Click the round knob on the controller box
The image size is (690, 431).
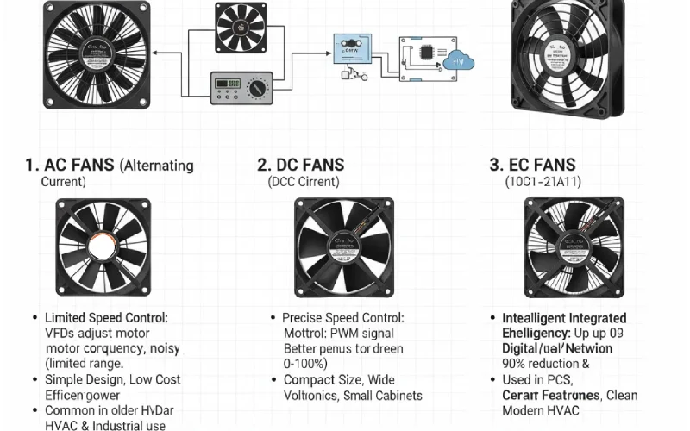click(x=256, y=89)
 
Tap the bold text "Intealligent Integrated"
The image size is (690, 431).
click(x=564, y=318)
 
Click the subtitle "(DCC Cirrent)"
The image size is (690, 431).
click(x=304, y=182)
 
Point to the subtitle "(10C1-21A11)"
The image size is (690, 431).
click(x=541, y=182)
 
